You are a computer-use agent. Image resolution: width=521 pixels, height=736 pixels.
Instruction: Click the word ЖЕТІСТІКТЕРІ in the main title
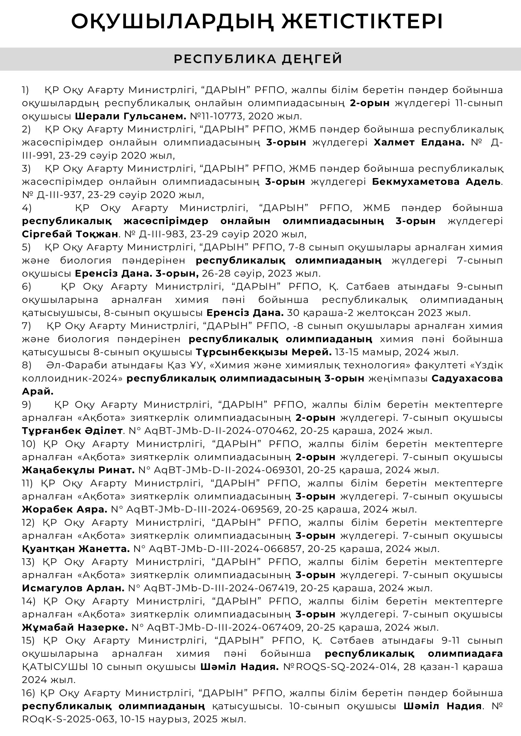click(362, 22)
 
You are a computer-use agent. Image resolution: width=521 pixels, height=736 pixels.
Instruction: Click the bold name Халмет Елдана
click(419, 142)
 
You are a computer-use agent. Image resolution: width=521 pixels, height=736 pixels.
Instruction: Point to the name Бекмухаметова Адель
click(436, 182)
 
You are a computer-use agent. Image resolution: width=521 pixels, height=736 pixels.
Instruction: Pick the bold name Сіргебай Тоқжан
click(70, 234)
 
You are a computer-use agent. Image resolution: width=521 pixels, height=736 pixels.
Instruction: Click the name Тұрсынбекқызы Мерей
click(264, 352)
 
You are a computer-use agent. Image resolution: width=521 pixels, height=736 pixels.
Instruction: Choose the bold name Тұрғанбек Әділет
click(72, 431)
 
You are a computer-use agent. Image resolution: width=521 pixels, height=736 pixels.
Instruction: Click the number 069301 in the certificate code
click(286, 470)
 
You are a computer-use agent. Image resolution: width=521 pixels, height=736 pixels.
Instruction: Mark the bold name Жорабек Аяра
click(65, 510)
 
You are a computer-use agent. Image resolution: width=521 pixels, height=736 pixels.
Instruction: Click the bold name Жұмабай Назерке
click(75, 628)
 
